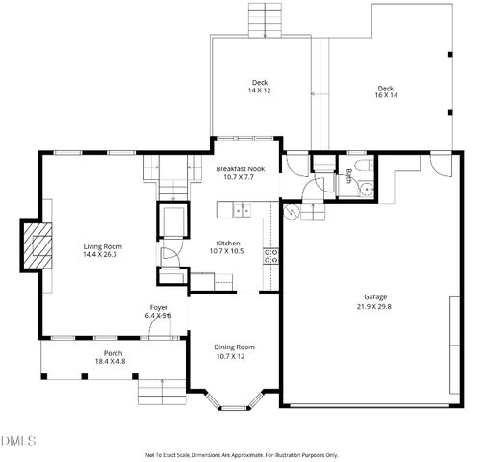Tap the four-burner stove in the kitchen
(x=273, y=255)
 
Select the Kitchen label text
(x=227, y=244)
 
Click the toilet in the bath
(x=361, y=167)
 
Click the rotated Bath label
(x=347, y=177)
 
